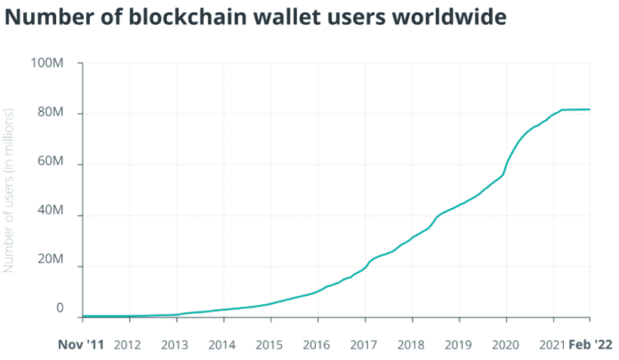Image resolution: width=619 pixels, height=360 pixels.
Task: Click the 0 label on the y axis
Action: click(60, 308)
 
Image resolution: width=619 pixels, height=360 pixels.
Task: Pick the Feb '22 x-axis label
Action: click(591, 345)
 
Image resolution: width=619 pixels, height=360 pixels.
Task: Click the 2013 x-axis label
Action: click(174, 345)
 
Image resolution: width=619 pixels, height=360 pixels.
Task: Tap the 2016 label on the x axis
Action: click(317, 345)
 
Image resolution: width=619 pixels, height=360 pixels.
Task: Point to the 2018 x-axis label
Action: click(411, 345)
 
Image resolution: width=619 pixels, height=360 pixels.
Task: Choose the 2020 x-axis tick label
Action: click(505, 345)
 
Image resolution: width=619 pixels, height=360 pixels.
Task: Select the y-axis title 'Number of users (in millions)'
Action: click(12, 190)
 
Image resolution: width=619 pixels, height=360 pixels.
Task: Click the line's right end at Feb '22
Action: click(590, 109)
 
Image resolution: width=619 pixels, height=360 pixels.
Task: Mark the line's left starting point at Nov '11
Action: click(82, 316)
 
